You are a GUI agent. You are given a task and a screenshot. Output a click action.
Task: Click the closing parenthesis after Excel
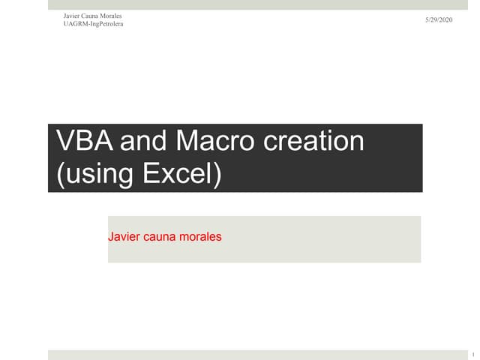[218, 174]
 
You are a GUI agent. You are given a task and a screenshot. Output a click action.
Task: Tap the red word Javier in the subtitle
[124, 236]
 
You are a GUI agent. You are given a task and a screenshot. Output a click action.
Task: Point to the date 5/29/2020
[439, 19]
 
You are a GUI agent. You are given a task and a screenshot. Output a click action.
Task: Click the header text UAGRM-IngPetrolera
[94, 24]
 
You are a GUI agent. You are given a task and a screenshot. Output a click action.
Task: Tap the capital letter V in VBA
[64, 142]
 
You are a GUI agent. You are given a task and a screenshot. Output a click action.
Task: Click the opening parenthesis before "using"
[60, 174]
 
